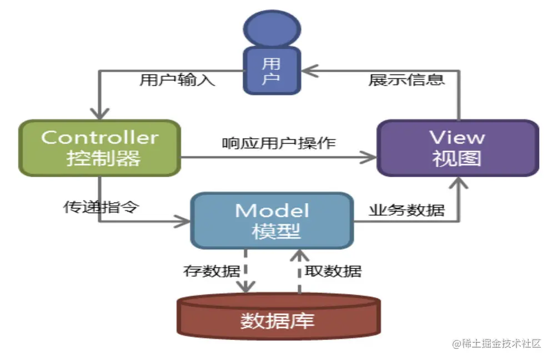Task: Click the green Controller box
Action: tap(100, 147)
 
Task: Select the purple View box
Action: tap(458, 148)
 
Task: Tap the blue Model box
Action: tap(272, 220)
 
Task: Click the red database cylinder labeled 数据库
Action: tap(278, 319)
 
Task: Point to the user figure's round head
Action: tap(272, 28)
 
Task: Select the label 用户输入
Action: tap(177, 80)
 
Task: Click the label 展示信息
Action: tap(407, 80)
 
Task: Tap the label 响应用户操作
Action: tap(279, 143)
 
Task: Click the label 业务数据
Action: tap(407, 209)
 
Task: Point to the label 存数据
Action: tap(212, 271)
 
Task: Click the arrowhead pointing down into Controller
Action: tap(100, 113)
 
